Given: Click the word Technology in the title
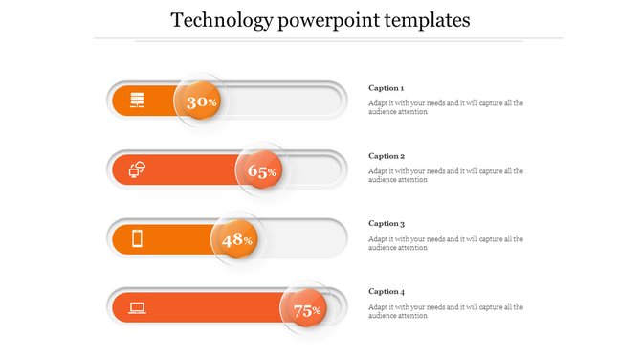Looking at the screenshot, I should click(218, 20).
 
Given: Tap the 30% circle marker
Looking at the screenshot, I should click(200, 101).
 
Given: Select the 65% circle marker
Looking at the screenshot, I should click(261, 171).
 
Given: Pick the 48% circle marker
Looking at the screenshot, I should click(236, 239).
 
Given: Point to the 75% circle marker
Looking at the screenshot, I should click(305, 309).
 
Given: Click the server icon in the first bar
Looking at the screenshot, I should click(138, 100).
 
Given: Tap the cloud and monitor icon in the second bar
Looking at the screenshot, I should click(138, 170).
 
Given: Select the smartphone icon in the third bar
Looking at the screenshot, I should click(138, 238).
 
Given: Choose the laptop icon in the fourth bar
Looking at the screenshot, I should click(138, 308).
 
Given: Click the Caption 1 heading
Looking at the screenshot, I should click(387, 88).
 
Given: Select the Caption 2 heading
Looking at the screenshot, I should click(387, 156).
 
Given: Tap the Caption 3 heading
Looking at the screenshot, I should click(387, 224).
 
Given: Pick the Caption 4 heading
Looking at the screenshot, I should click(387, 292).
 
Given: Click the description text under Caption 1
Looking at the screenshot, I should click(445, 107).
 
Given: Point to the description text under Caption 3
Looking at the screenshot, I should click(445, 243).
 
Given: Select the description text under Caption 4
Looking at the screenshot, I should click(445, 311).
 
